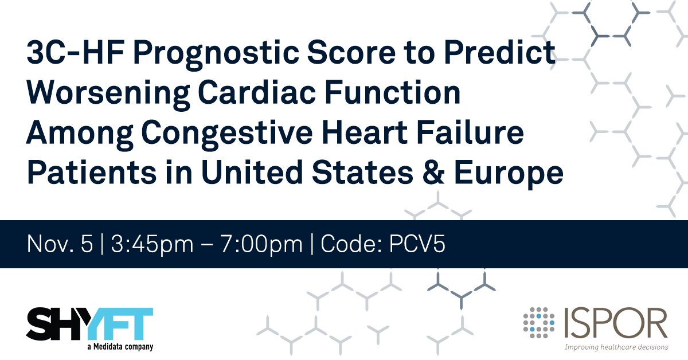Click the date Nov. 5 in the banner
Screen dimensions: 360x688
60,244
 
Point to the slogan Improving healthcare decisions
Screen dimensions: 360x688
616,347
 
